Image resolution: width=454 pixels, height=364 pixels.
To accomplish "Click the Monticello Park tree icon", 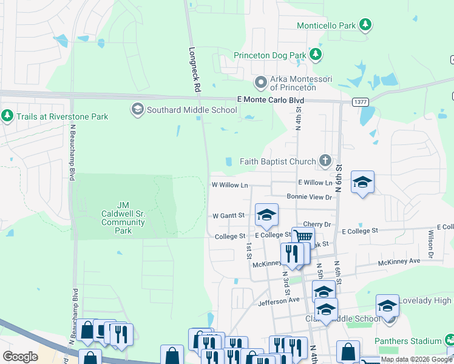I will tap(365, 25).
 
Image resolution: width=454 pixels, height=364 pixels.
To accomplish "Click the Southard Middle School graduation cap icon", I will tap(137, 110).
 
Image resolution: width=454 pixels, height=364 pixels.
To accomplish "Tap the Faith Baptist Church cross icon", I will tap(325, 161).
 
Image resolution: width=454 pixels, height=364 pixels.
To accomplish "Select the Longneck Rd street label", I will tap(195, 70).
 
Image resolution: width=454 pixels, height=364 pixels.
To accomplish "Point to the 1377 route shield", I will tap(361, 103).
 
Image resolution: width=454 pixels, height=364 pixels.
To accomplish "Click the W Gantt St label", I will tap(228, 215).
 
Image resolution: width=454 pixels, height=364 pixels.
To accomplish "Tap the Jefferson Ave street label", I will tap(279, 300).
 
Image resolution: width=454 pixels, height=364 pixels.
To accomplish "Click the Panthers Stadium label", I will tap(408, 341).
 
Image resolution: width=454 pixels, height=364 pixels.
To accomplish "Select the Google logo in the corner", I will tap(20, 357).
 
